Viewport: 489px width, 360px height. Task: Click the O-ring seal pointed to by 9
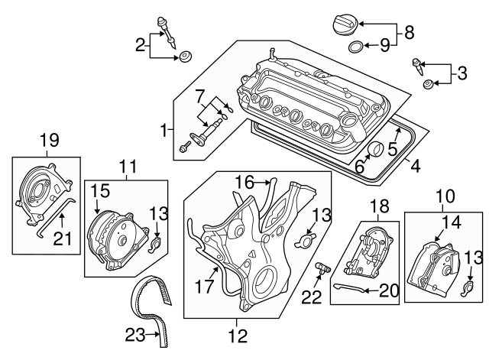pos(356,49)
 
